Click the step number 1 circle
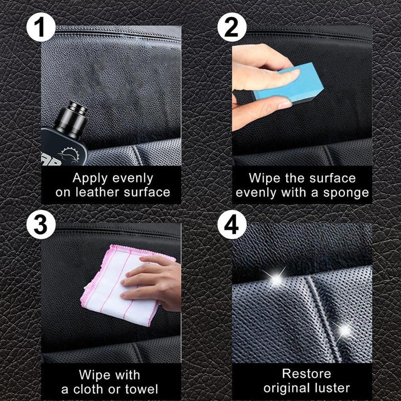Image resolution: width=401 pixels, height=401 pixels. tap(41, 27)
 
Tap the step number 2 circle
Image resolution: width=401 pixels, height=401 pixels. tap(232, 27)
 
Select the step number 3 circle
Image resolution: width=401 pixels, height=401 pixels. tap(41, 225)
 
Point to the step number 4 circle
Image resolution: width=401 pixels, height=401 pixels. tap(232, 225)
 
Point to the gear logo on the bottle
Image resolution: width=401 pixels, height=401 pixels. tap(68, 155)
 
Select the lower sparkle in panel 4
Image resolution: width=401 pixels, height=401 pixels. tap(344, 330)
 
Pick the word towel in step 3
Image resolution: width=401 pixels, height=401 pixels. tap(142, 389)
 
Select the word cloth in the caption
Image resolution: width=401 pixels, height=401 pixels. tap(88, 389)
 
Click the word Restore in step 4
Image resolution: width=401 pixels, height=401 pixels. tap(307, 374)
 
